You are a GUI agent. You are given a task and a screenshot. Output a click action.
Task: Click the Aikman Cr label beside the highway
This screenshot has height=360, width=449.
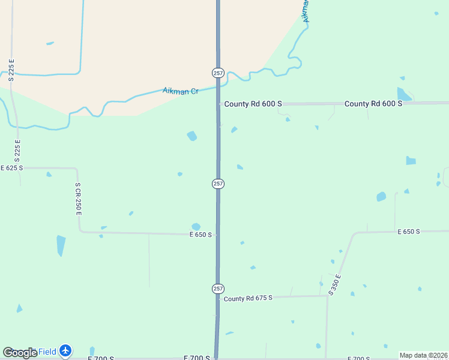pos(181,91)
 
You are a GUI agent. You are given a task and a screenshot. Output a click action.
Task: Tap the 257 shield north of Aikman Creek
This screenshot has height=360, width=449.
pos(218,73)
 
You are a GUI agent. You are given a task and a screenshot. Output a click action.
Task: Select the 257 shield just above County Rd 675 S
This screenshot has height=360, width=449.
pos(218,289)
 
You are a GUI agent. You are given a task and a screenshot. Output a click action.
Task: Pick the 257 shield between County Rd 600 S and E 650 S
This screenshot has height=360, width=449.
pos(218,184)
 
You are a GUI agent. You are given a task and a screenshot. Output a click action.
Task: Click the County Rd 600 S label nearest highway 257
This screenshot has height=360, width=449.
pos(253,104)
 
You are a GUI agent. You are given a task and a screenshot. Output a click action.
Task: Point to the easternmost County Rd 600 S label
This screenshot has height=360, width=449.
pos(373,104)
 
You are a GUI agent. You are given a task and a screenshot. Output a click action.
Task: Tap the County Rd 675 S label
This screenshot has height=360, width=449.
pos(248,298)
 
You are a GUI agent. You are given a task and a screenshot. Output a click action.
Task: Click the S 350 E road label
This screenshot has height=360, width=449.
pos(335,284)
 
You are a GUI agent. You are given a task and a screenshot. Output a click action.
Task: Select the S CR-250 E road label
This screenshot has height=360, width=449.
pos(78,199)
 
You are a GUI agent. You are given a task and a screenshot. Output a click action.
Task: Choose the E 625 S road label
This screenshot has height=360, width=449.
pos(11,168)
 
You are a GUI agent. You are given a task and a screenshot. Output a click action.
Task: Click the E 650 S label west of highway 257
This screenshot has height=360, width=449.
pos(200,235)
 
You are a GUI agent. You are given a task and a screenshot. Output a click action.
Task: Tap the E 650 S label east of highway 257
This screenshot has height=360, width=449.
pos(408,232)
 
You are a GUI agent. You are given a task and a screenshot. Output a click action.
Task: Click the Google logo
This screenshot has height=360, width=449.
pos(20,353)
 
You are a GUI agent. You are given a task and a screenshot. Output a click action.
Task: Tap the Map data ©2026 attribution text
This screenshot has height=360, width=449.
pos(423,355)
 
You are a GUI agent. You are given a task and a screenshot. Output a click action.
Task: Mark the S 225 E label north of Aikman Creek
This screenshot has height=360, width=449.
pos(11,70)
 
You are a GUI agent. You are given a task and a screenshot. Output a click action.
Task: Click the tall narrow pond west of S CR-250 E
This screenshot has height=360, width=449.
pos(61,245)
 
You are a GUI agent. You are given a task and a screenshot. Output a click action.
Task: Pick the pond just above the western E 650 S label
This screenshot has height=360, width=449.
pos(196,226)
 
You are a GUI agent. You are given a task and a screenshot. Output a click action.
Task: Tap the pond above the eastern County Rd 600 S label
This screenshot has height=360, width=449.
pos(403,94)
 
